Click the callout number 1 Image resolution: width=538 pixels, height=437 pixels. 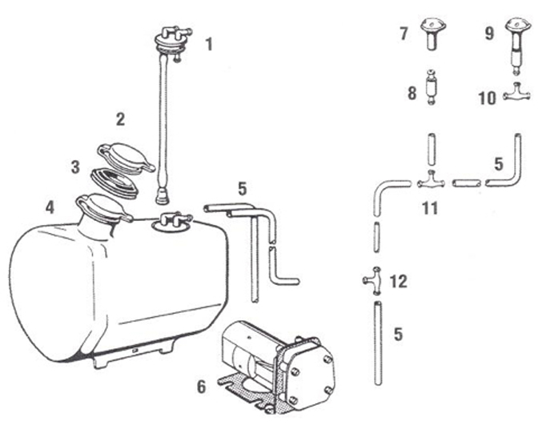tap(209, 44)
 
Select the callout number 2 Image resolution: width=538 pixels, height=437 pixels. tap(120, 120)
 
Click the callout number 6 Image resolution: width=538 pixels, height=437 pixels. tap(202, 386)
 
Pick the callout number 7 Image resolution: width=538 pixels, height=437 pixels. tap(404, 34)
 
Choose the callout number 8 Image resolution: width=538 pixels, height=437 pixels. tap(412, 94)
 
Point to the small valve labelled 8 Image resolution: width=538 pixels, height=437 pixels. tap(433, 88)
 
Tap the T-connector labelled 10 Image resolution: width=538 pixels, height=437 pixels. tap(516, 95)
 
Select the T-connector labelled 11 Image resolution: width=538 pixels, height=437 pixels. tap(431, 182)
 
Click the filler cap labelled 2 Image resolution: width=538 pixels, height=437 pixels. tap(125, 154)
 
